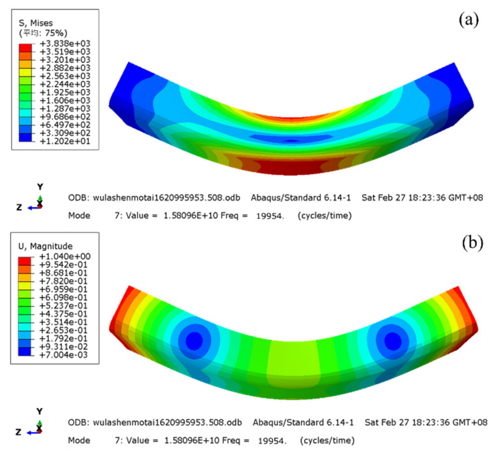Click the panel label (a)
(x=469, y=20)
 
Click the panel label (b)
(x=472, y=243)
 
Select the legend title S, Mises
(x=36, y=23)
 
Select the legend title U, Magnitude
(x=45, y=246)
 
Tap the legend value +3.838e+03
(x=65, y=43)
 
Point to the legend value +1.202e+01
(x=65, y=141)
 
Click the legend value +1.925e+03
(x=65, y=92)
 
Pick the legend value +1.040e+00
(x=65, y=256)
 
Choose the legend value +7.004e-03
(x=64, y=355)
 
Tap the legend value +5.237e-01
(x=64, y=306)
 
